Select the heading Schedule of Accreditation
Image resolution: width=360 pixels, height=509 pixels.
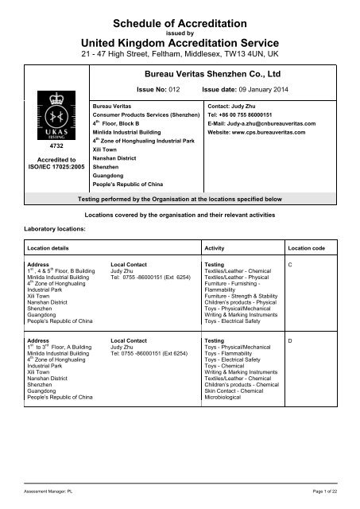point(180,25)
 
